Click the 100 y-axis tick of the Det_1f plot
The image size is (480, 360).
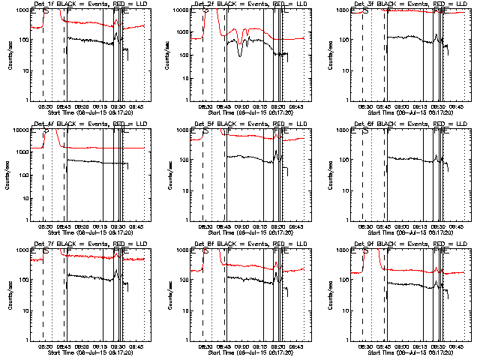click(x=22, y=40)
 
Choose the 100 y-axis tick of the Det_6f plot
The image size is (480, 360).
click(x=343, y=160)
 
